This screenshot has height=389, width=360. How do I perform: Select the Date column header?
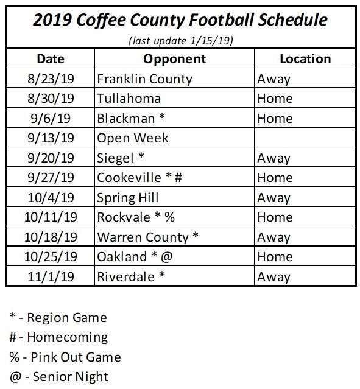pos(50,59)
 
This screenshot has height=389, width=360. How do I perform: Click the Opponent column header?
pos(174,59)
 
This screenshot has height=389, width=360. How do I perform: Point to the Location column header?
pos(305,59)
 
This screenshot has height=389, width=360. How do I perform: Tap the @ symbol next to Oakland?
pos(167,257)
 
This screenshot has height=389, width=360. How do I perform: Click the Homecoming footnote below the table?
pos(58,337)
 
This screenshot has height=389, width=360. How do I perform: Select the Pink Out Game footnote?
pos(65,357)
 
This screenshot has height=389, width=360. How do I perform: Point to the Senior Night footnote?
pos(59,376)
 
